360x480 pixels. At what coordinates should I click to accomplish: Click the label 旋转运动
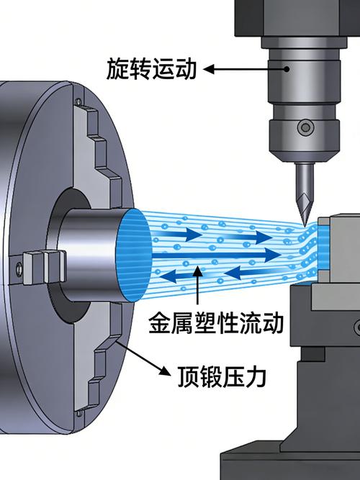point(151,70)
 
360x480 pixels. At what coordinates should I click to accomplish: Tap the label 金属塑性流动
point(216,322)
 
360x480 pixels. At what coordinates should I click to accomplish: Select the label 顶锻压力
point(222,376)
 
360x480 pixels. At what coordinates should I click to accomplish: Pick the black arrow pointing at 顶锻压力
point(143,358)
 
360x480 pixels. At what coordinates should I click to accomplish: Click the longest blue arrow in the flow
point(217,255)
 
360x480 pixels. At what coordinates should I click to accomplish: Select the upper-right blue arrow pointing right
point(248,237)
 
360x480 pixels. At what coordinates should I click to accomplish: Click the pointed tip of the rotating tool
point(305,226)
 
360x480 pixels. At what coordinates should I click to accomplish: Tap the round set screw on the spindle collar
point(305,127)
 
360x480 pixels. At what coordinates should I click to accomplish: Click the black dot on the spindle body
point(287,69)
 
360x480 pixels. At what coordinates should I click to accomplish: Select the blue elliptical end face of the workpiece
point(134,256)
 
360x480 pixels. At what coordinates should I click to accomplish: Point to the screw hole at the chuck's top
point(78,101)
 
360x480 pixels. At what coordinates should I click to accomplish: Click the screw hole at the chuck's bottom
point(79,414)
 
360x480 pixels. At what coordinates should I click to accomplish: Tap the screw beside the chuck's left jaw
point(19,268)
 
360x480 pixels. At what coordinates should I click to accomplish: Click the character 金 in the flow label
point(159,322)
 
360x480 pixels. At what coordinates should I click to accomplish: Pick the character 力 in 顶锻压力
point(256,376)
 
